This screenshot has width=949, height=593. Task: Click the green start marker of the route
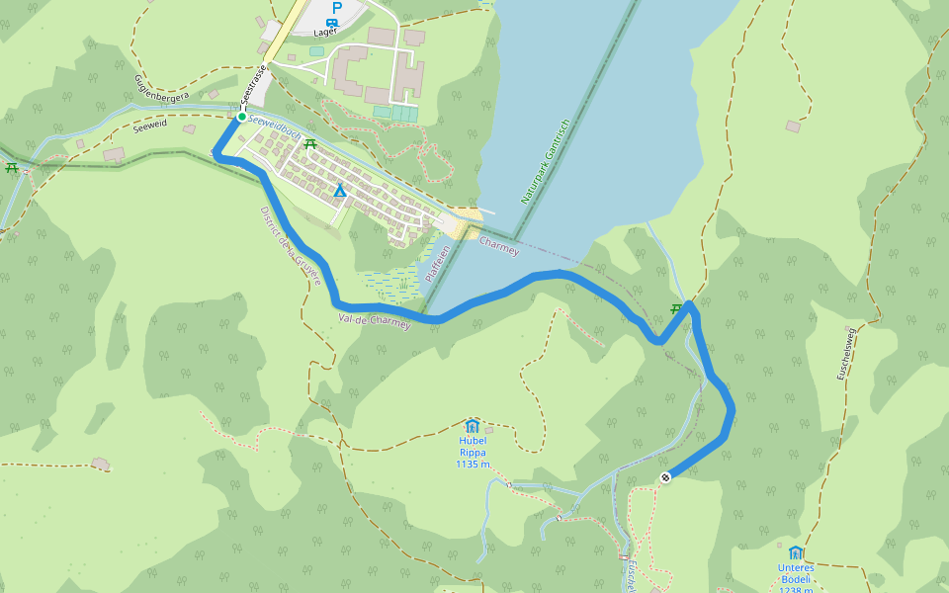(x=241, y=117)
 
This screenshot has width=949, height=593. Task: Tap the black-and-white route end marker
(x=666, y=477)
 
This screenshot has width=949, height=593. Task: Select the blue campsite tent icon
(x=340, y=191)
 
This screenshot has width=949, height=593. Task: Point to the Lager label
(x=325, y=31)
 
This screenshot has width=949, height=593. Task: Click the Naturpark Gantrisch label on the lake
(x=546, y=161)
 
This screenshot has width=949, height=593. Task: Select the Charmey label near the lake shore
(x=499, y=246)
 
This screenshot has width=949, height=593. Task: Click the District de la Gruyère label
(x=292, y=246)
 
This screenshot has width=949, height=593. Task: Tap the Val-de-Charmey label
(x=374, y=319)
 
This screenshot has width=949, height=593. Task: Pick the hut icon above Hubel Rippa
(x=472, y=425)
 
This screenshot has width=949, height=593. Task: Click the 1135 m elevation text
(x=474, y=464)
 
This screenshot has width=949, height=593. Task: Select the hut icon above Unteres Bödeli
(x=796, y=552)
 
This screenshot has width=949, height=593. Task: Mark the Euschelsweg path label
(x=845, y=350)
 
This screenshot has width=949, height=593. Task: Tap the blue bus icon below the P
(x=333, y=21)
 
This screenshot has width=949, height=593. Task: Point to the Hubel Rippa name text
(x=473, y=447)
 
